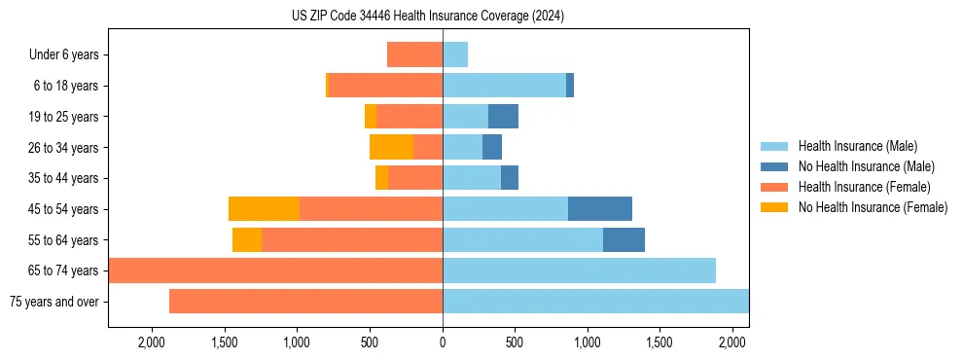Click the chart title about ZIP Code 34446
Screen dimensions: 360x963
point(428,17)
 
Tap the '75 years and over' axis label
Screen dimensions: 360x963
point(53,302)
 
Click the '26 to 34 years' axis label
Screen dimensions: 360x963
point(64,148)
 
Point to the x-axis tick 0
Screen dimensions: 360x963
point(443,342)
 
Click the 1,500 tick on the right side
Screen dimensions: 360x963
point(660,342)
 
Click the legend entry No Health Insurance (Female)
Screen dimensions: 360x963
point(873,207)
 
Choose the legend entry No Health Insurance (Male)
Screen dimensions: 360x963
point(866,166)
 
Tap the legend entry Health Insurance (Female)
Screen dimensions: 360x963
point(864,187)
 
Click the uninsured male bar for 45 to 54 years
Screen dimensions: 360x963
point(600,209)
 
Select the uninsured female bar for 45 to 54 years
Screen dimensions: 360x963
point(264,209)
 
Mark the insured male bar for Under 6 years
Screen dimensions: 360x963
point(455,54)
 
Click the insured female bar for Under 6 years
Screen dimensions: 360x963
point(414,54)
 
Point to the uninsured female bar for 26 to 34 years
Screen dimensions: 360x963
point(391,148)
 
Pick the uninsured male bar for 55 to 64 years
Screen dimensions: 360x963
point(624,239)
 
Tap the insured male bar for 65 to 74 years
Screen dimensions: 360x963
point(579,270)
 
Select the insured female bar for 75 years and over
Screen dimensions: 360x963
point(305,302)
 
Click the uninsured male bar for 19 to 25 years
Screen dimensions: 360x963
point(503,117)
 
